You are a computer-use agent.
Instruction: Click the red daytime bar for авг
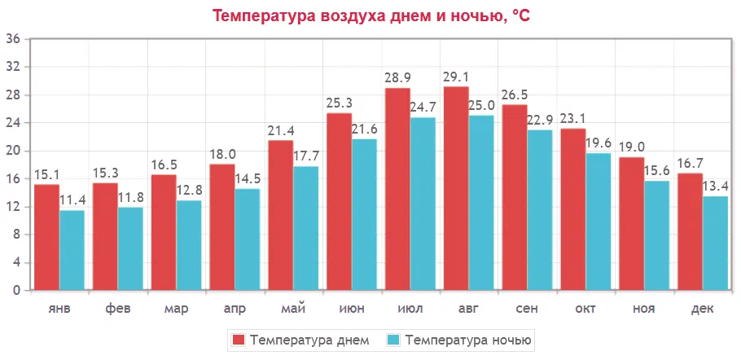456,188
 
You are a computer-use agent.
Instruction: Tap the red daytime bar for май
281,215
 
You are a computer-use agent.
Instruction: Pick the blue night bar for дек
715,243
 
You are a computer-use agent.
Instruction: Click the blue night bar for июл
423,204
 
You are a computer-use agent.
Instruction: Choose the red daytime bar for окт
573,209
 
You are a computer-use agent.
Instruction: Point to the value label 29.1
456,77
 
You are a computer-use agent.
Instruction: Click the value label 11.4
72,200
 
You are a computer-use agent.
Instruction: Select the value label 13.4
715,187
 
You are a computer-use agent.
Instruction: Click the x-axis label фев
117,310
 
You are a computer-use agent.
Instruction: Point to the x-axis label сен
527,310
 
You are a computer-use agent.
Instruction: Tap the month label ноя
643,310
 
